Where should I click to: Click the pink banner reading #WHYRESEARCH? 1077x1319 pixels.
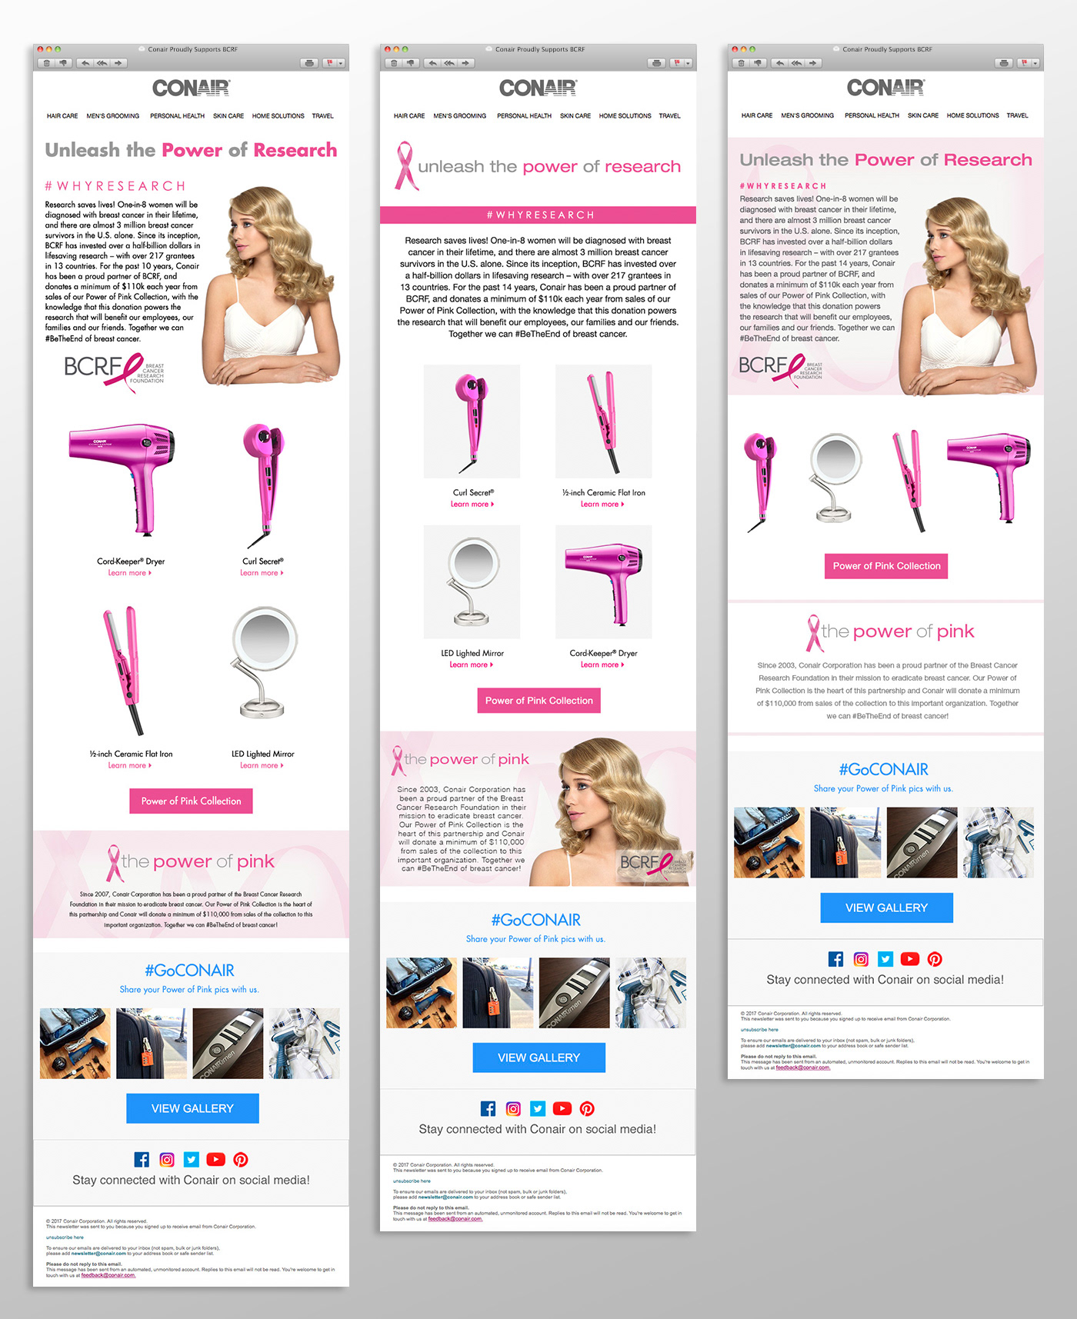click(x=538, y=215)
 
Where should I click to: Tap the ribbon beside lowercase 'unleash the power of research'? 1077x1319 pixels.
click(x=405, y=166)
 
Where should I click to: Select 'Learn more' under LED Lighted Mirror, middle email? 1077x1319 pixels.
click(x=471, y=664)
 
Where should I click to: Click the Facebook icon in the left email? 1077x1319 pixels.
click(x=142, y=1159)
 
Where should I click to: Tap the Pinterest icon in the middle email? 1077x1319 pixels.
click(x=587, y=1108)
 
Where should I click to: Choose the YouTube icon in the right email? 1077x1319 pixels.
click(x=910, y=959)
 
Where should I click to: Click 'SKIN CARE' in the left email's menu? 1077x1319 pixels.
click(x=228, y=116)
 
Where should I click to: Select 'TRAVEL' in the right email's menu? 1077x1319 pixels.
click(x=1017, y=115)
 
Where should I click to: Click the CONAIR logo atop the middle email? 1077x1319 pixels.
click(x=538, y=88)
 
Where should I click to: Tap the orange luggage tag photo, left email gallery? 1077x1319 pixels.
click(x=152, y=1044)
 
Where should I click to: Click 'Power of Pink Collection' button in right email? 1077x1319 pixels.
click(x=886, y=566)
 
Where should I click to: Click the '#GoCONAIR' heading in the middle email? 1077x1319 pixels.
click(x=536, y=920)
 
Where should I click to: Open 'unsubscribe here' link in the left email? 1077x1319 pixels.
click(x=65, y=1237)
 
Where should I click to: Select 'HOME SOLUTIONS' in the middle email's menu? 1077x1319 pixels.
click(x=625, y=116)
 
